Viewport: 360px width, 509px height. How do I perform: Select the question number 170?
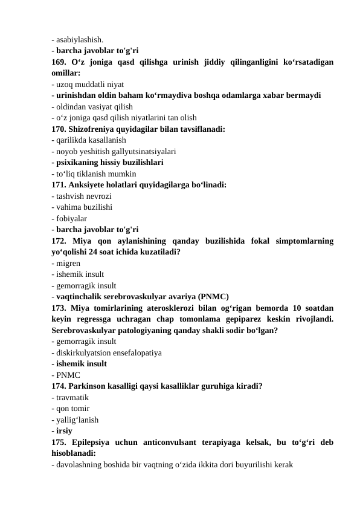pyautogui.click(x=59, y=129)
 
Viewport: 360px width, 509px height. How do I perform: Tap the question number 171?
pyautogui.click(x=59, y=185)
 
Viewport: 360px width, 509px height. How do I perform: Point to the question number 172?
pyautogui.click(x=59, y=241)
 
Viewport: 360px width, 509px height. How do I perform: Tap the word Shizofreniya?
pyautogui.click(x=98, y=129)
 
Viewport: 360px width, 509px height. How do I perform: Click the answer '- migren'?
pyautogui.click(x=68, y=263)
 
